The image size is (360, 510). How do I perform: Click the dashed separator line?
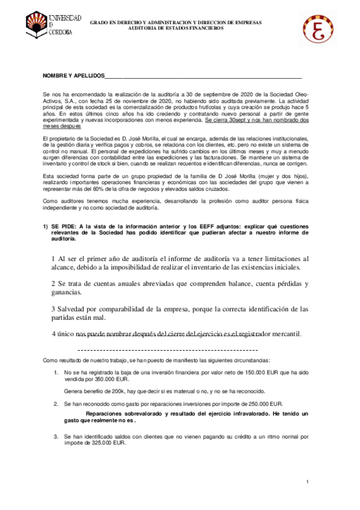point(168,349)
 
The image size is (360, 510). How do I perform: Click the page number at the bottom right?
point(307,482)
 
